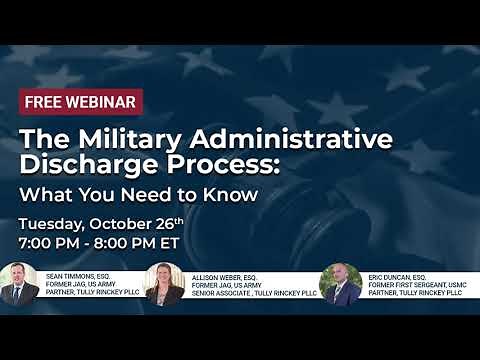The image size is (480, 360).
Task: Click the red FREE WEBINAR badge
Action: click(81, 101)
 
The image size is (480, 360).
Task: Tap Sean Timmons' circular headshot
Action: click(19, 284)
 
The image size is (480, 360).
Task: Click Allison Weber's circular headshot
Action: click(164, 284)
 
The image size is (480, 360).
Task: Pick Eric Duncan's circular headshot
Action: click(340, 284)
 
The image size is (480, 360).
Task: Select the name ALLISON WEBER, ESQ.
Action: click(222, 274)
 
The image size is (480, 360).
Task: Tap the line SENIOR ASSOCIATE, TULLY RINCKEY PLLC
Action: click(244, 293)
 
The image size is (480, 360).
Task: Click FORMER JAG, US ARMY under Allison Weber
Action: click(221, 283)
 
